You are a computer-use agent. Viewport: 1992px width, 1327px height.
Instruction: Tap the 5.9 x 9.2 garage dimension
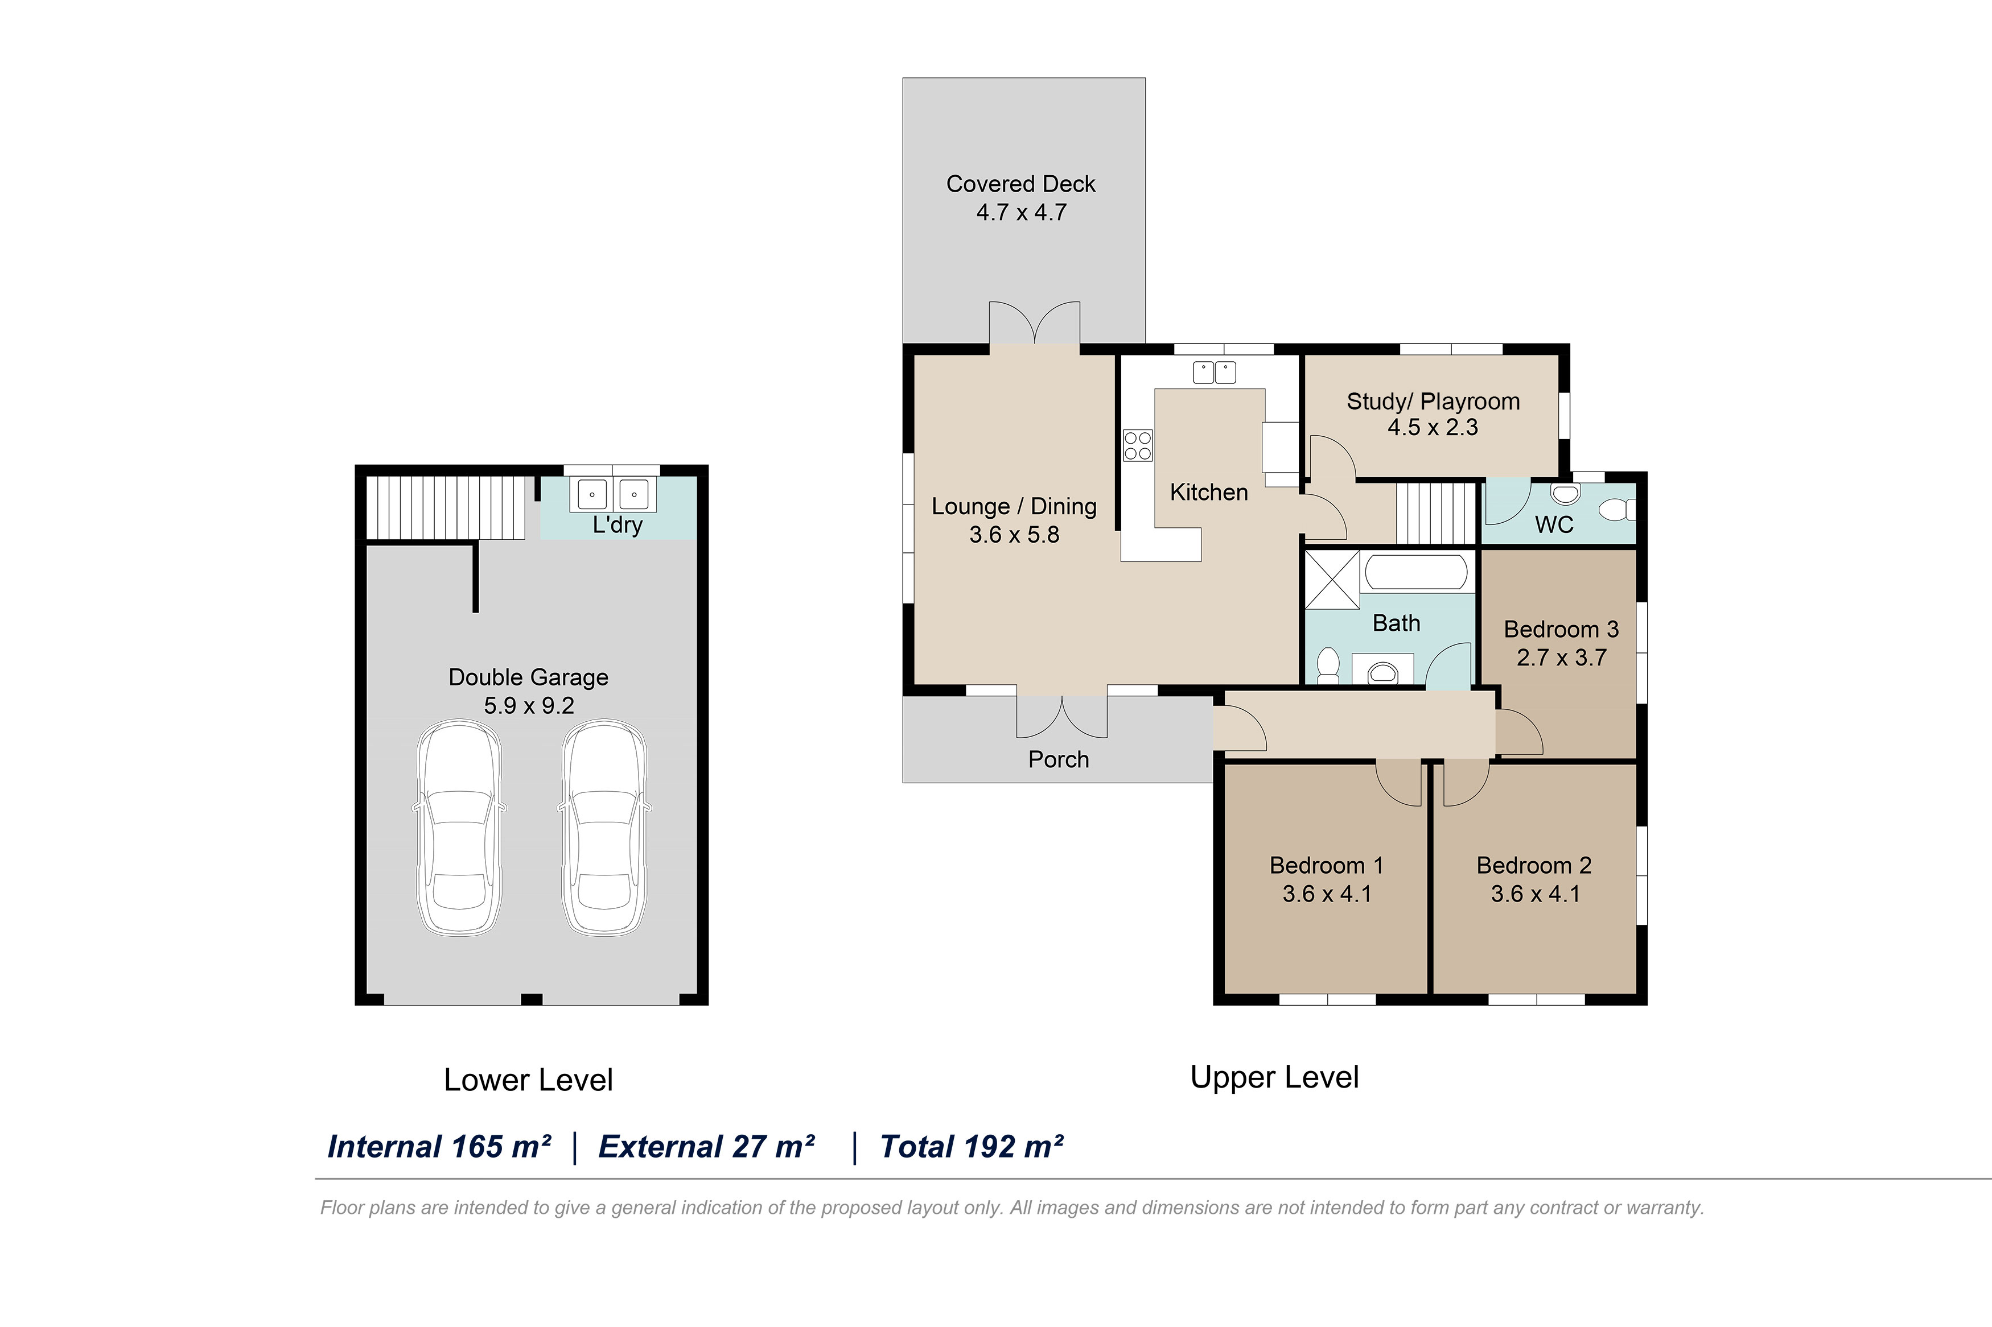click(529, 705)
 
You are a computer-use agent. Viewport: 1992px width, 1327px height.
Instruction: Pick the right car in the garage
click(604, 828)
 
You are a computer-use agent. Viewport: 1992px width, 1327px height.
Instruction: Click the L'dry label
click(617, 524)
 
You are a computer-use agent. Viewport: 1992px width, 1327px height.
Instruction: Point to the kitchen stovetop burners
click(1138, 445)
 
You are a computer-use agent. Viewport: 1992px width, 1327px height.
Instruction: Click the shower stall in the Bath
click(1332, 579)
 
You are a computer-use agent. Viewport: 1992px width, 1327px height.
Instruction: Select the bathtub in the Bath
click(1417, 572)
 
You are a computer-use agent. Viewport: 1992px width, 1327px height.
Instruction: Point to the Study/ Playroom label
click(1433, 401)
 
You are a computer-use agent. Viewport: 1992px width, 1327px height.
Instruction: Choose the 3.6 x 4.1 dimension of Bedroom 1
click(1327, 894)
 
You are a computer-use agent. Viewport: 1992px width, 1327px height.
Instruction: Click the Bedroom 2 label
click(1534, 865)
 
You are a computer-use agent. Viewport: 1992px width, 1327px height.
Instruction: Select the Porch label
click(1058, 759)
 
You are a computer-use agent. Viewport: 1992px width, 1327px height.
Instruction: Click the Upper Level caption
click(1274, 1077)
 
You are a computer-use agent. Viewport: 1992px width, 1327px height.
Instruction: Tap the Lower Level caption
click(528, 1080)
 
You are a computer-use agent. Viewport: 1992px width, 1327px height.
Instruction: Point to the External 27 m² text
click(706, 1147)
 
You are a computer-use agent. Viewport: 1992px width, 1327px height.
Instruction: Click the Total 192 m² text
click(971, 1147)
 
